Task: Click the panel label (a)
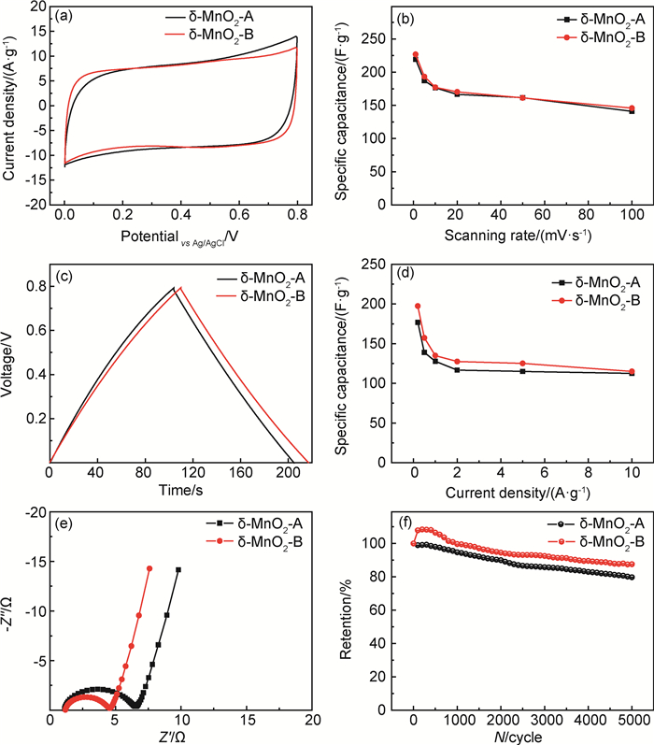pos(65,16)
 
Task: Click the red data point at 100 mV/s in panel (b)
pos(633,108)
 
